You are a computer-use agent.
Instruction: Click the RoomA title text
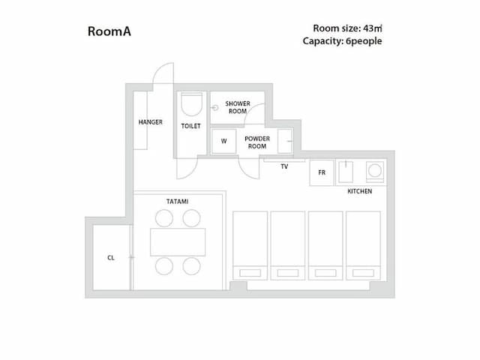click(109, 32)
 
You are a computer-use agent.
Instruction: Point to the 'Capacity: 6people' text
click(342, 41)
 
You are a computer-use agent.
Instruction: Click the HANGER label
click(150, 122)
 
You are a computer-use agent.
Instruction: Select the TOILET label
click(190, 126)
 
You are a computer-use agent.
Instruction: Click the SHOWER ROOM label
click(238, 107)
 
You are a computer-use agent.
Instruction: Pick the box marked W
click(223, 140)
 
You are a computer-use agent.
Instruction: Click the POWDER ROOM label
click(256, 142)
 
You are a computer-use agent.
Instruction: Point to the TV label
click(284, 166)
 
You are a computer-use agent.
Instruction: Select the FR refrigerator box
click(322, 172)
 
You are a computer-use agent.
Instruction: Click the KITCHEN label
click(359, 192)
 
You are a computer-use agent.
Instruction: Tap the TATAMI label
click(177, 202)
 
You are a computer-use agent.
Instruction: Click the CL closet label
click(110, 257)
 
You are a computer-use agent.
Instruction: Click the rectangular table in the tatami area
click(178, 241)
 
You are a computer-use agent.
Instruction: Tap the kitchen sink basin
click(346, 173)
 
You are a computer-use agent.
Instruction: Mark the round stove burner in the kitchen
click(373, 172)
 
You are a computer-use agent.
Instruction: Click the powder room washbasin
click(285, 140)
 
